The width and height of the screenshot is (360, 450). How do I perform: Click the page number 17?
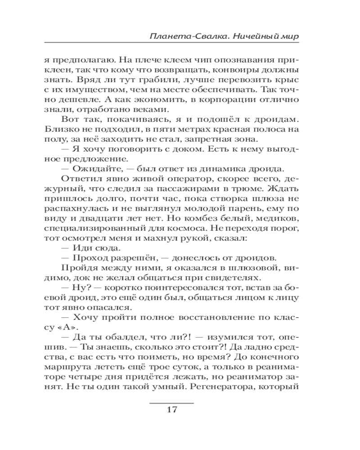(x=171, y=410)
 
